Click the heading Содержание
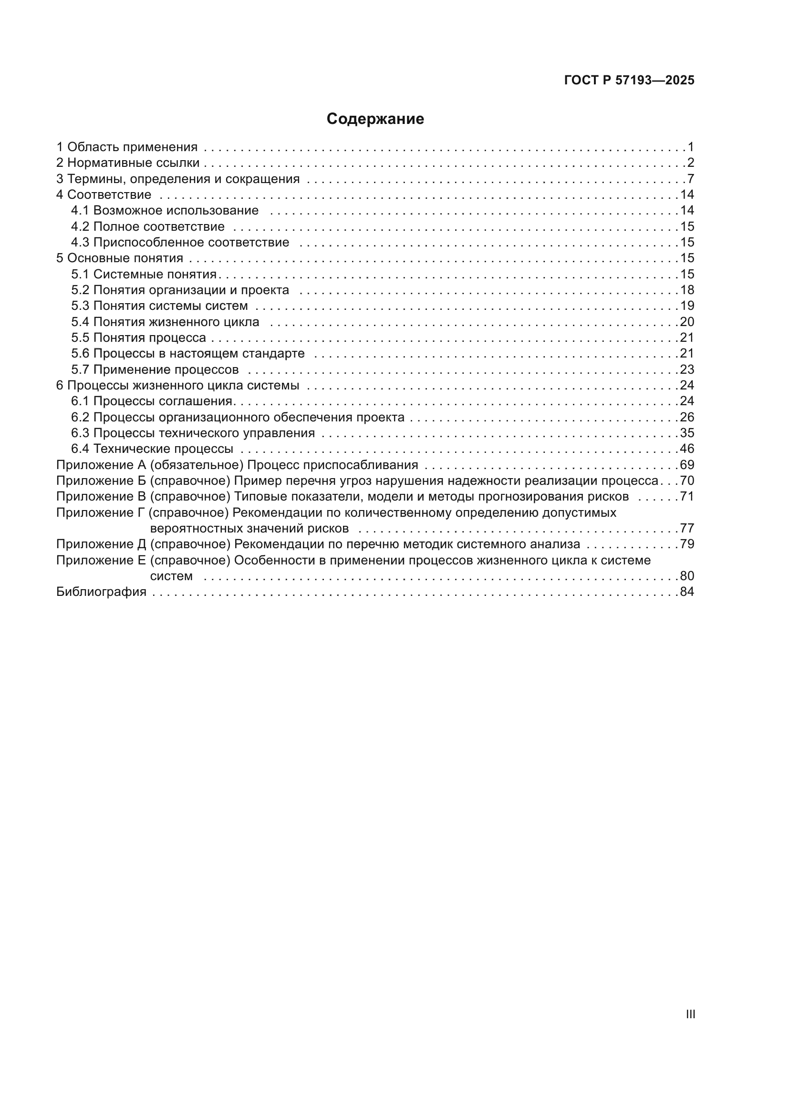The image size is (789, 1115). tap(375, 119)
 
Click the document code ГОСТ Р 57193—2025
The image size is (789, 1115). tap(629, 81)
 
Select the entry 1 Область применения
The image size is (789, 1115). tap(127, 147)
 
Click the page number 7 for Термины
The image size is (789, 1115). tap(690, 179)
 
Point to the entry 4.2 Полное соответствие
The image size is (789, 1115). tap(148, 226)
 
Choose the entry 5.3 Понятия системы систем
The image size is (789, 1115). tap(159, 306)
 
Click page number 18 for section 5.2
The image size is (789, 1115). tap(687, 290)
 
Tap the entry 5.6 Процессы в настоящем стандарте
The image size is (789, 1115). tap(187, 354)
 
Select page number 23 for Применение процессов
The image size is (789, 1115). tap(687, 369)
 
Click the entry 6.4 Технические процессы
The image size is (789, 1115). tap(152, 449)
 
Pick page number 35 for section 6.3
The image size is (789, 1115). tap(687, 433)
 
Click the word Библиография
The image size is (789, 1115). tap(101, 592)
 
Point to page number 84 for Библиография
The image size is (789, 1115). tap(687, 592)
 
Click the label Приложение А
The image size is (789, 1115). tap(101, 465)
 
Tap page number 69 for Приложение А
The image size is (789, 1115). tap(687, 465)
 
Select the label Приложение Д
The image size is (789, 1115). tap(101, 544)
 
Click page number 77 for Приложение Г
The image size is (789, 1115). tap(687, 528)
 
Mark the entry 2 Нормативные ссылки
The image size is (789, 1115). tap(128, 163)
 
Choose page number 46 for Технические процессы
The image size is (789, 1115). tap(687, 449)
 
